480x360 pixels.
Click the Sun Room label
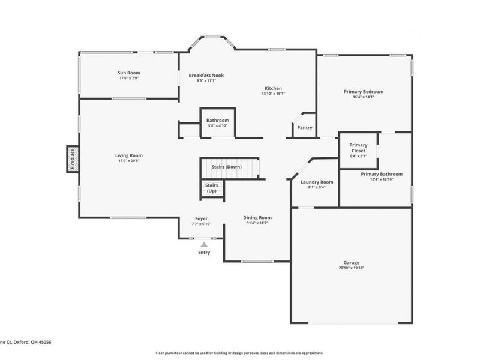(129, 73)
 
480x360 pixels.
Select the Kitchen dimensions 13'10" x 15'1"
(273, 94)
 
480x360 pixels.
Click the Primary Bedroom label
(363, 92)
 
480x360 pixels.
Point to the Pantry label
(305, 127)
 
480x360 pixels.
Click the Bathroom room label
(217, 121)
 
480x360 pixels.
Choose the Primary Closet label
(358, 148)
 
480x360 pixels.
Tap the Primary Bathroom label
(382, 174)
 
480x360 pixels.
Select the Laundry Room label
(316, 181)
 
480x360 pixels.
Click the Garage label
(351, 262)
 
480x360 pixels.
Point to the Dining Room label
(257, 217)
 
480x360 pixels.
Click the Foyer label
(202, 218)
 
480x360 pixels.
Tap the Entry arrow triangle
(204, 245)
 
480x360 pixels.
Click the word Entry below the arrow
(205, 253)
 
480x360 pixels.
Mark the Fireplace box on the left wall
(72, 159)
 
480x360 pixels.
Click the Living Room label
(129, 155)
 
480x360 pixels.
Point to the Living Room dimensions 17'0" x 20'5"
(129, 161)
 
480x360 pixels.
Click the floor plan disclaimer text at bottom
(239, 353)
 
